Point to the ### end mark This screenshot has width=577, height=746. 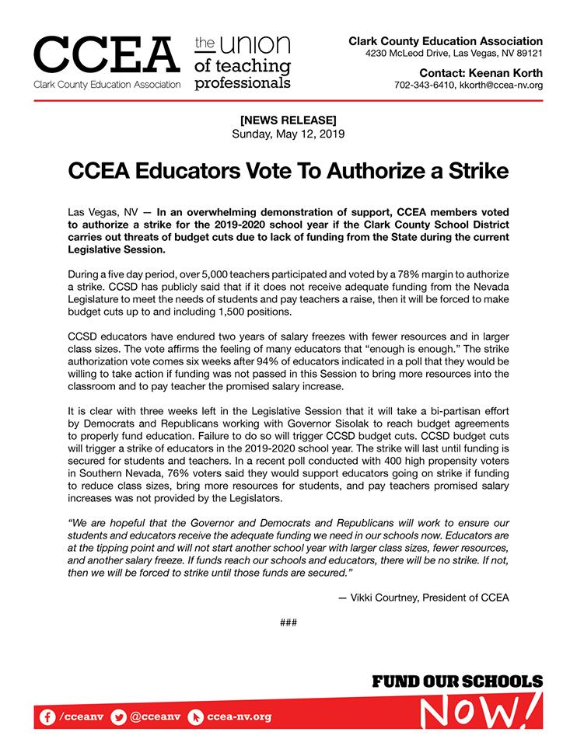[x=288, y=622]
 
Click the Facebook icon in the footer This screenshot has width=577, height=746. [x=47, y=716]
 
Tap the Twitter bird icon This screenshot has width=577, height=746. [x=118, y=716]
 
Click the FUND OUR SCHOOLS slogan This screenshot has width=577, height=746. [x=456, y=682]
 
